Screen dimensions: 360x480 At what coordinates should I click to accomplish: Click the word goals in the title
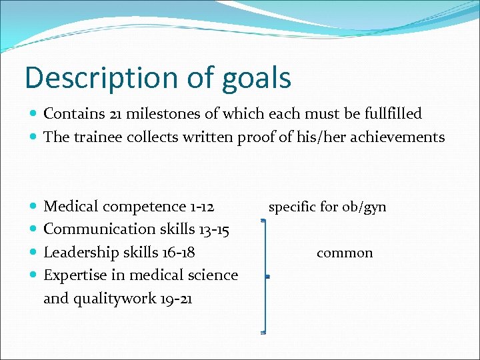[256, 79]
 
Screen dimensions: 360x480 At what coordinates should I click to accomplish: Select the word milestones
[158, 114]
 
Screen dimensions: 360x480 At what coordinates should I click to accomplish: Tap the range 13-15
[214, 229]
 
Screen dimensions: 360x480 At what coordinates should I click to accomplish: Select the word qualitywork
[113, 299]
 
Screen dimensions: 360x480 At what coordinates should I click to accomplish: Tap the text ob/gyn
[364, 207]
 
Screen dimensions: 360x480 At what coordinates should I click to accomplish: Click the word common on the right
[345, 253]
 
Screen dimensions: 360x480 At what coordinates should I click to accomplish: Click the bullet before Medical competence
[35, 207]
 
